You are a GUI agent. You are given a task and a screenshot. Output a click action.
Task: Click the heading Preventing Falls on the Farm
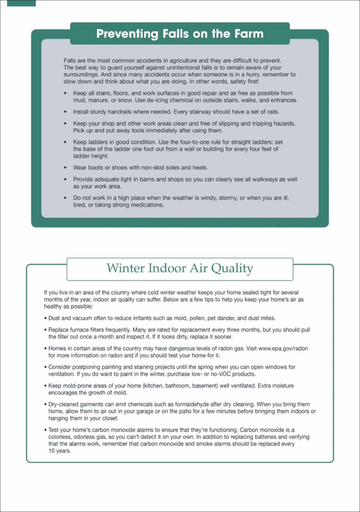180,34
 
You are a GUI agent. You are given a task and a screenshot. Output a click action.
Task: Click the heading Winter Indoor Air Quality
180,268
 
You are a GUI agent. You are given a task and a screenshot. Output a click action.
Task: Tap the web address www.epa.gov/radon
283,348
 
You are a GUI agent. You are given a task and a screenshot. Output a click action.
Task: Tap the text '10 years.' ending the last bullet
60,451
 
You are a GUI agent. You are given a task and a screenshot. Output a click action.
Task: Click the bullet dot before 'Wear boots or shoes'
65,167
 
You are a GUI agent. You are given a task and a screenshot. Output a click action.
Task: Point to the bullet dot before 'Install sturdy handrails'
65,112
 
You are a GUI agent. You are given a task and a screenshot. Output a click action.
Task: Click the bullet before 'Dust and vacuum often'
46,318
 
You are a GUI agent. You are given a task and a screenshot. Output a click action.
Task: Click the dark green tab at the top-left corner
21,3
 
